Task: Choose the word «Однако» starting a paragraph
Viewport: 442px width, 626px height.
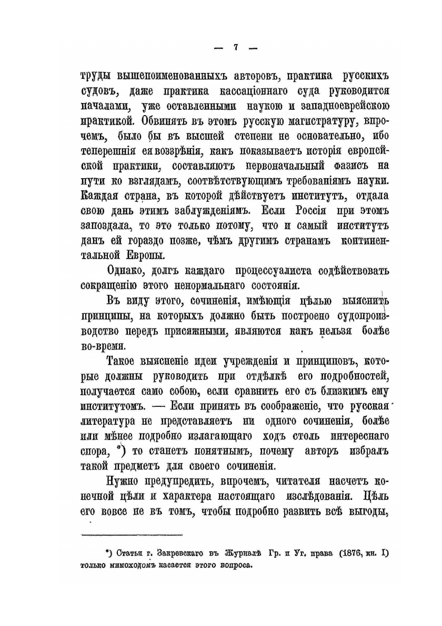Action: point(128,271)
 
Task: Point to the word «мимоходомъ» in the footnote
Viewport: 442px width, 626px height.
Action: point(138,566)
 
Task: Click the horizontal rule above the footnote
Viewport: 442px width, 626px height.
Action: point(132,535)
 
